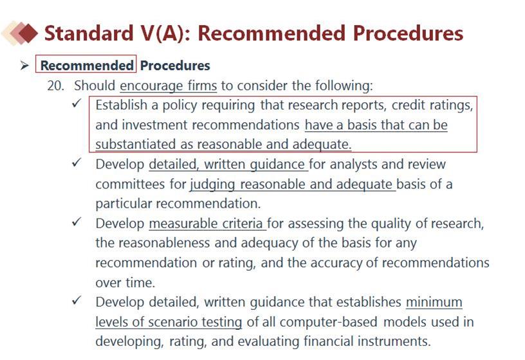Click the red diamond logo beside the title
tap(20, 33)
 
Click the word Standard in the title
tap(89, 33)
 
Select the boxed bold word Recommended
tap(87, 65)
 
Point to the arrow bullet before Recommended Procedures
tap(24, 65)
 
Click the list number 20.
tap(55, 85)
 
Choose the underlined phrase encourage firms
tap(169, 86)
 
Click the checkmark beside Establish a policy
tap(77, 103)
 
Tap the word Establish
tap(121, 105)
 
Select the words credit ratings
tap(432, 105)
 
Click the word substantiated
tap(135, 145)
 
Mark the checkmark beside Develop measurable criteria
tap(77, 222)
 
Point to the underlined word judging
tap(212, 184)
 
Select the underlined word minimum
tap(434, 302)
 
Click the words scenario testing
tap(195, 322)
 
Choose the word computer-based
tap(329, 322)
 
